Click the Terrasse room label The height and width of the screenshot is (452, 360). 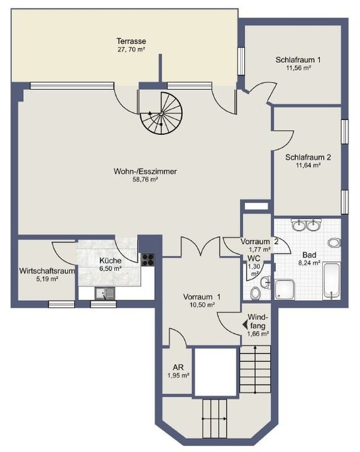(131, 41)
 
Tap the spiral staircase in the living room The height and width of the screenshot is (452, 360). (161, 113)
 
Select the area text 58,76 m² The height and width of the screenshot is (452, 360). (145, 180)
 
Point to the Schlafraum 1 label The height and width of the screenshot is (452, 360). (298, 60)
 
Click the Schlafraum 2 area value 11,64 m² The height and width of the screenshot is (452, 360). (308, 165)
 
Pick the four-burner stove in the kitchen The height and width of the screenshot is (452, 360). (148, 260)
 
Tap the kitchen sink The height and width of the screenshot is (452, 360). (105, 294)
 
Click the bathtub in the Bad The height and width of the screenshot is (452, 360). (332, 281)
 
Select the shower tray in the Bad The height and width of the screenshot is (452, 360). (285, 289)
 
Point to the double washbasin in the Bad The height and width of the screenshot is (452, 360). (307, 225)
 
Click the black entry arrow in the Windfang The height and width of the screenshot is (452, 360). (245, 325)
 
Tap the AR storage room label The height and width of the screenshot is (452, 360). (178, 367)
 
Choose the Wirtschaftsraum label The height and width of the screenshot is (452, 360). (46, 271)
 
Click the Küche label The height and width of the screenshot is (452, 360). (110, 261)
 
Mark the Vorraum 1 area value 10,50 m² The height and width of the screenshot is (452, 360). (202, 304)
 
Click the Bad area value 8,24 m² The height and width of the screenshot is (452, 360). (309, 263)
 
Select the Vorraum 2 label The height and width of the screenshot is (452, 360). (259, 242)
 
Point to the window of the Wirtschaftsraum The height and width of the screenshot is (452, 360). (62, 304)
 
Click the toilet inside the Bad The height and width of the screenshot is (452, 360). (334, 242)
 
